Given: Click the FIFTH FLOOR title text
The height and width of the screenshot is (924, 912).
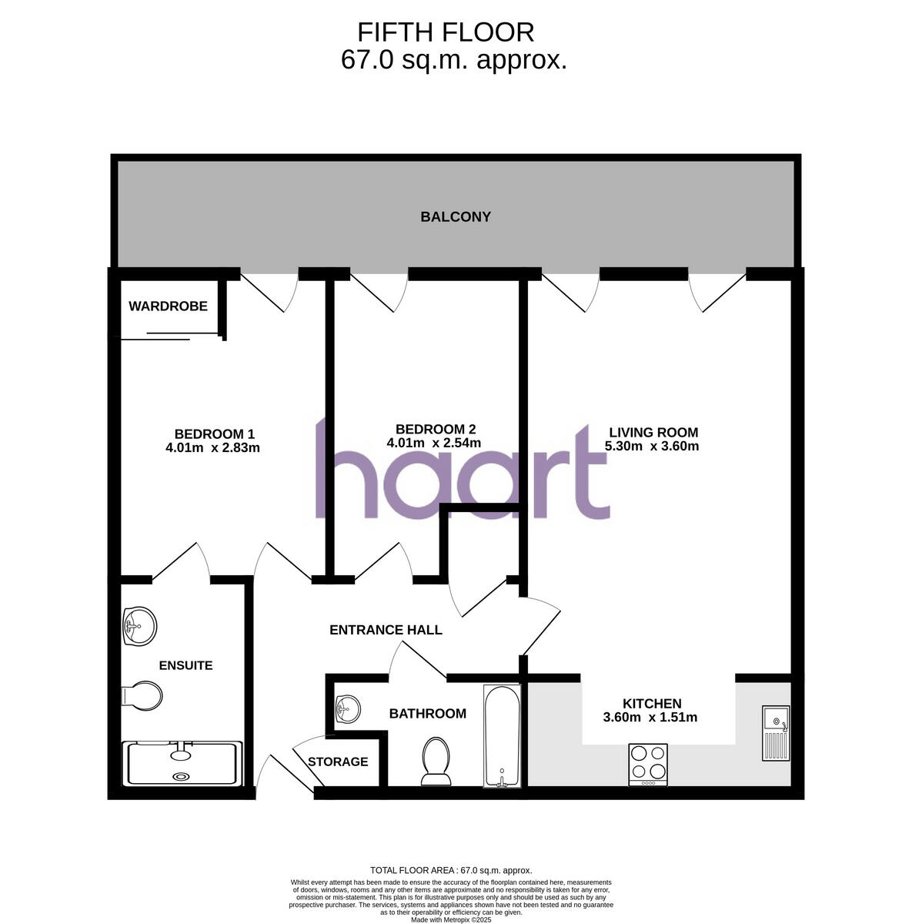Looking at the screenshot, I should pyautogui.click(x=446, y=32).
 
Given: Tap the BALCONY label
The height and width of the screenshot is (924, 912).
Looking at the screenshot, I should pyautogui.click(x=455, y=217).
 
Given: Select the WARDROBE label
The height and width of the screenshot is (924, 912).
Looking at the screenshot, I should pyautogui.click(x=168, y=306).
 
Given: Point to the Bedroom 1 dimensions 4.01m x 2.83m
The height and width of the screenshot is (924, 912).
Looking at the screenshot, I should pyautogui.click(x=212, y=447).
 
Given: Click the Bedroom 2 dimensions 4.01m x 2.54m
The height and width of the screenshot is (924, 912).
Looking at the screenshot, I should pyautogui.click(x=434, y=443).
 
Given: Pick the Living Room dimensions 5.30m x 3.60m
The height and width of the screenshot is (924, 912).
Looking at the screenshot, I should pyautogui.click(x=652, y=446).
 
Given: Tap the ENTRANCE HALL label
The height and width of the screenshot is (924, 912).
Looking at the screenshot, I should pyautogui.click(x=386, y=630).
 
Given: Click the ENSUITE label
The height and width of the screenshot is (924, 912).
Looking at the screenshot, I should pyautogui.click(x=185, y=665).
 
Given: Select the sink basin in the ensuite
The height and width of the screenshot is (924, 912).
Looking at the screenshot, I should pyautogui.click(x=139, y=624).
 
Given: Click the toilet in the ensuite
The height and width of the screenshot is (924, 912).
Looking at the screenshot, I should pyautogui.click(x=143, y=697).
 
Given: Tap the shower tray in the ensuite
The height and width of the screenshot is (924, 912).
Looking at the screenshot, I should pyautogui.click(x=183, y=762).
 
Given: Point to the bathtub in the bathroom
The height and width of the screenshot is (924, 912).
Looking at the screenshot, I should pyautogui.click(x=502, y=736).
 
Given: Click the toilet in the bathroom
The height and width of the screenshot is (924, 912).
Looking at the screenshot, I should pyautogui.click(x=436, y=761).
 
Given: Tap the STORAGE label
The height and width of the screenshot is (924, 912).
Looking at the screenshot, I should pyautogui.click(x=338, y=762).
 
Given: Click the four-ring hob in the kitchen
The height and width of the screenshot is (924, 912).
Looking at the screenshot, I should pyautogui.click(x=648, y=764).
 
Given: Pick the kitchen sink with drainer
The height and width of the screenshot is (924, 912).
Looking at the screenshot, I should pyautogui.click(x=776, y=732).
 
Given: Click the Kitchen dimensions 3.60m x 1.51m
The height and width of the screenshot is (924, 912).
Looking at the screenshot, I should pyautogui.click(x=650, y=718).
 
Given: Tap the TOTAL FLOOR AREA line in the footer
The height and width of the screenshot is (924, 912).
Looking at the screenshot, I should pyautogui.click(x=451, y=870).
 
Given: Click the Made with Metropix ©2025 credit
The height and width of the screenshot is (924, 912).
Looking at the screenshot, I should pyautogui.click(x=451, y=919).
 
